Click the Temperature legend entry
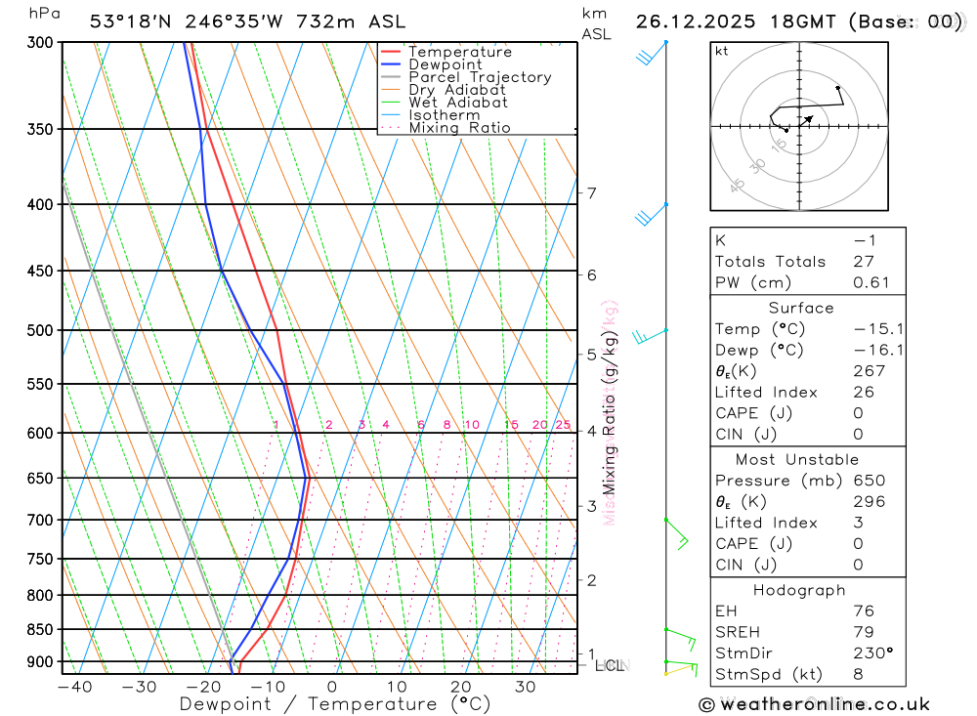click(x=459, y=52)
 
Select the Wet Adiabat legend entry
click(x=457, y=103)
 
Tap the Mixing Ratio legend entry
click(x=459, y=128)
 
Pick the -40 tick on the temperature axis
click(x=74, y=687)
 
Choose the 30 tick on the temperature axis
click(x=526, y=687)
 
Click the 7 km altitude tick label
click(x=592, y=193)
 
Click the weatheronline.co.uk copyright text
click(x=814, y=704)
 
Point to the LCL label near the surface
click(x=610, y=666)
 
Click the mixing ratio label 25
click(x=563, y=425)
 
